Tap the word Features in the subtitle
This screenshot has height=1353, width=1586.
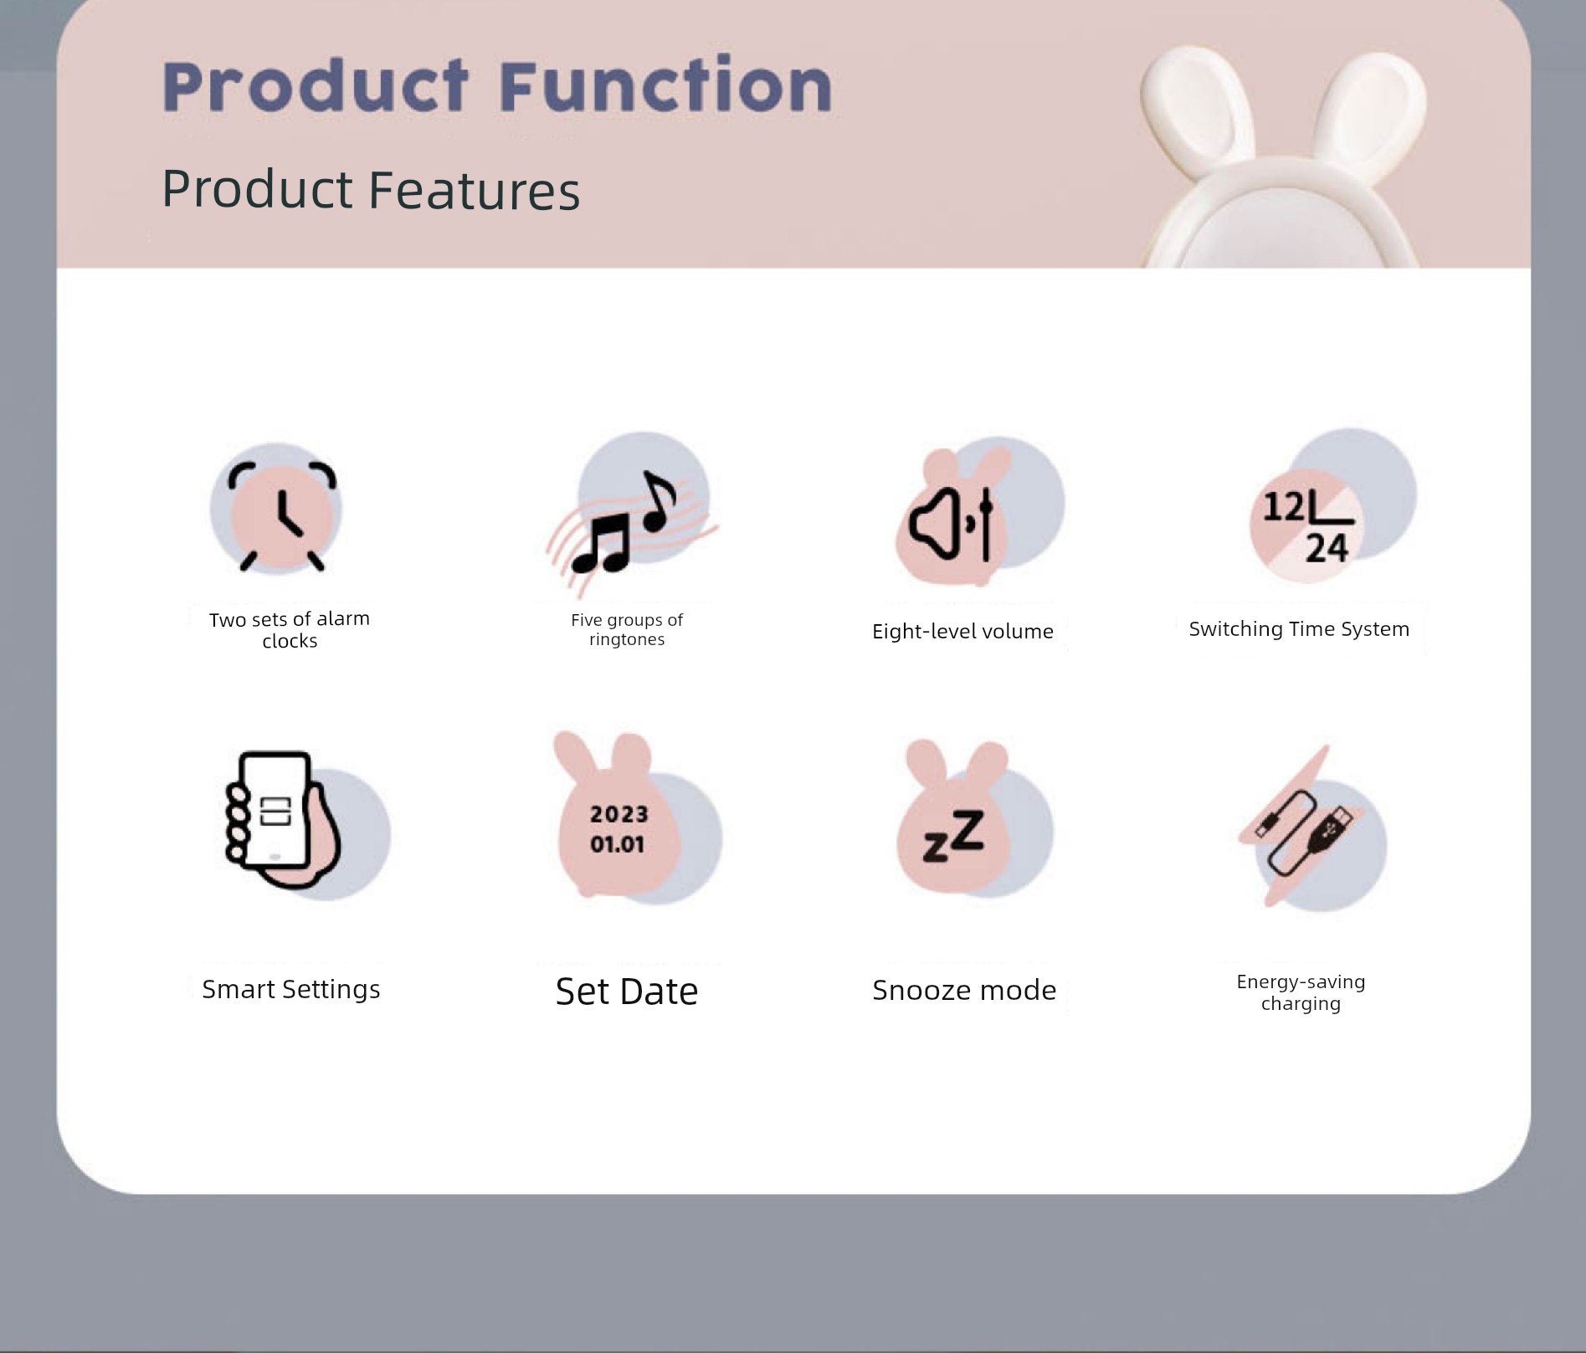click(x=474, y=189)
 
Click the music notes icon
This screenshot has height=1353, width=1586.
click(x=632, y=515)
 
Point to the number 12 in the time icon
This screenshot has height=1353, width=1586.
click(x=1283, y=506)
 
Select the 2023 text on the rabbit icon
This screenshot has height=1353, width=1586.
click(x=619, y=814)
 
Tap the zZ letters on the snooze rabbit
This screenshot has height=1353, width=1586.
click(x=953, y=836)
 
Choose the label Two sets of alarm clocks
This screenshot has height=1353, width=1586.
click(x=290, y=629)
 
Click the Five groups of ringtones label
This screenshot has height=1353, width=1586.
click(x=627, y=629)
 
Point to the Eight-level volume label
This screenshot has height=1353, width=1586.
click(x=962, y=631)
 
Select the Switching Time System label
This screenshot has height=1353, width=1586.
click(x=1299, y=628)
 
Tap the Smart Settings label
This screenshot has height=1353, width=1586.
click(x=291, y=989)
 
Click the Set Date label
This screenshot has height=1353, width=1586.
click(x=627, y=992)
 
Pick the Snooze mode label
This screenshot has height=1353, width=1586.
click(x=964, y=990)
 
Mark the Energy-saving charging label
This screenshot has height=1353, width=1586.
click(x=1301, y=992)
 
